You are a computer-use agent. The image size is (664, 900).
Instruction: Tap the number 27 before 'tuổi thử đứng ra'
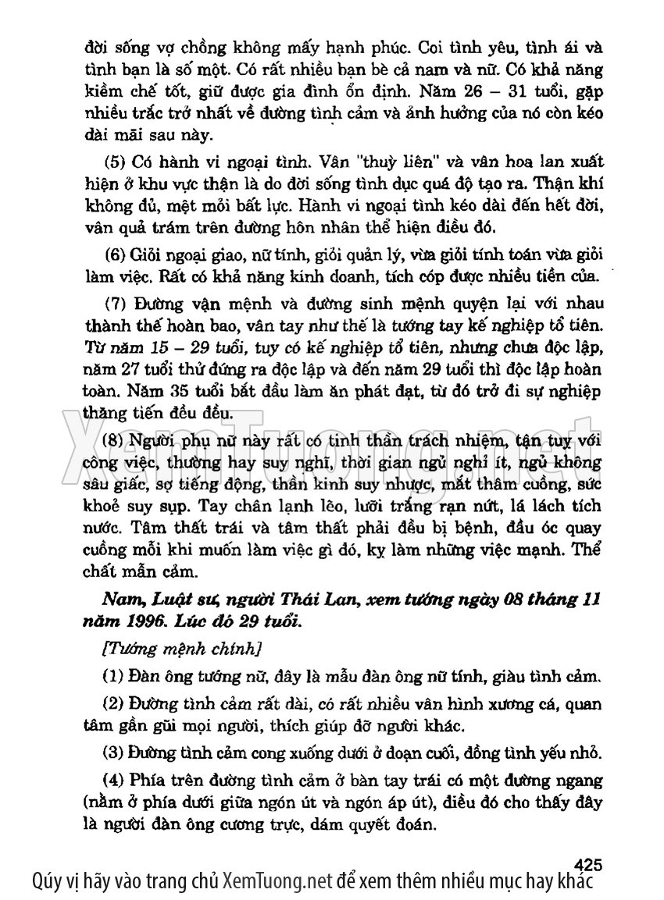124,368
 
